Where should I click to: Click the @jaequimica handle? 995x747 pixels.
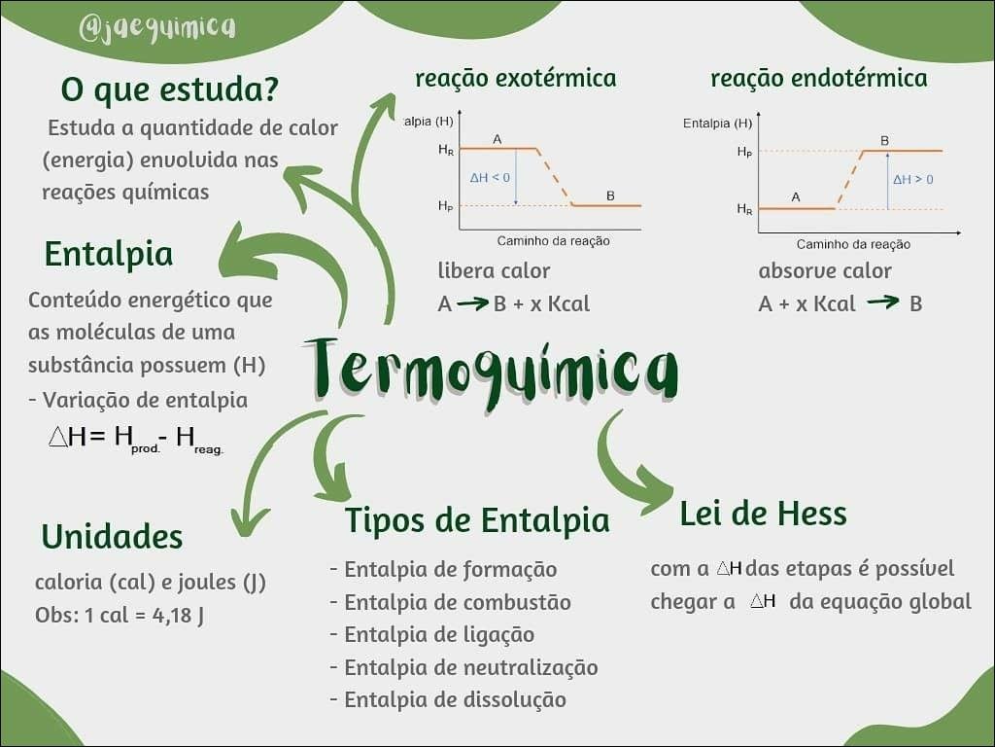pos(156,28)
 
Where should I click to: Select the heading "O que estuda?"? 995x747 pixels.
pos(169,89)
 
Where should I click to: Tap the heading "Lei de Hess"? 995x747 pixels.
pos(763,514)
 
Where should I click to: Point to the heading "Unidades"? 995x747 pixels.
pos(112,536)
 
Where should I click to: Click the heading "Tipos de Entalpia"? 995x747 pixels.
pos(477,521)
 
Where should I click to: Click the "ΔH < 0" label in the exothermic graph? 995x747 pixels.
pos(490,178)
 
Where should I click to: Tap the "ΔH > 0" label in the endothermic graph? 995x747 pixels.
pos(913,180)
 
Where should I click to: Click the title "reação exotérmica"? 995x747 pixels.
pos(515,78)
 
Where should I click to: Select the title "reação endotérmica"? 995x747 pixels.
pos(818,78)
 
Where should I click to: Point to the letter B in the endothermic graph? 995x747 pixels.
pos(884,140)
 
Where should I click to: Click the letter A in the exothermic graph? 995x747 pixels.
pos(497,139)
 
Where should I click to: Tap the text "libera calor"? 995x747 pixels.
pos(494,270)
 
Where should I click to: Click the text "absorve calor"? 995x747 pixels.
pos(824,271)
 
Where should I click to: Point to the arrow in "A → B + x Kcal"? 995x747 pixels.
pos(473,303)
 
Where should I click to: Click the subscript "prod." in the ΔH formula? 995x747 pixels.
pos(146,449)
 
